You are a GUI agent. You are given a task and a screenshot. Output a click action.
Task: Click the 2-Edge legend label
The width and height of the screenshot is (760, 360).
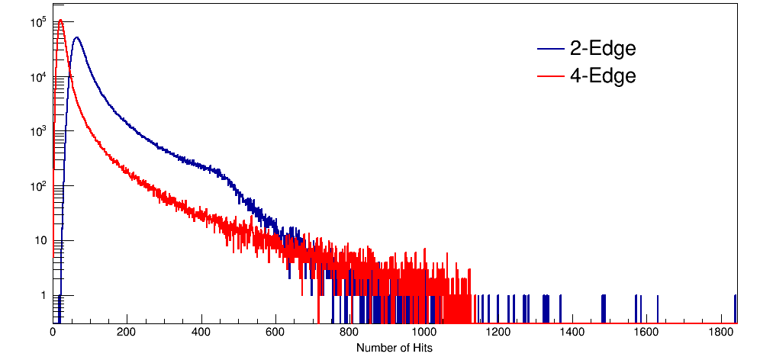click(x=602, y=49)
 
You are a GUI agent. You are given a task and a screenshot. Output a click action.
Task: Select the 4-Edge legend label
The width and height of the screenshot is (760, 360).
click(x=602, y=76)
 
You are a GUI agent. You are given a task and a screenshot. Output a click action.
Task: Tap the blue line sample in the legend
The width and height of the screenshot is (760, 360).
click(x=551, y=49)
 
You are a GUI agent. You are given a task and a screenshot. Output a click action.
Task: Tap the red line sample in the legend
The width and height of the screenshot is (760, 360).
click(x=551, y=76)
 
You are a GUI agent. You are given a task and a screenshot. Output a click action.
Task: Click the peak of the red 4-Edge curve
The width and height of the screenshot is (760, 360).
click(x=60, y=20)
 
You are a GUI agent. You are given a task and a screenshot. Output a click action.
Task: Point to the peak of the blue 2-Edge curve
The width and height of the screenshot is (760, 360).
click(x=76, y=37)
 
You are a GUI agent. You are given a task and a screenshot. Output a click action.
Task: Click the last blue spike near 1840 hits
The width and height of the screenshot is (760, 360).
click(x=735, y=308)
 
